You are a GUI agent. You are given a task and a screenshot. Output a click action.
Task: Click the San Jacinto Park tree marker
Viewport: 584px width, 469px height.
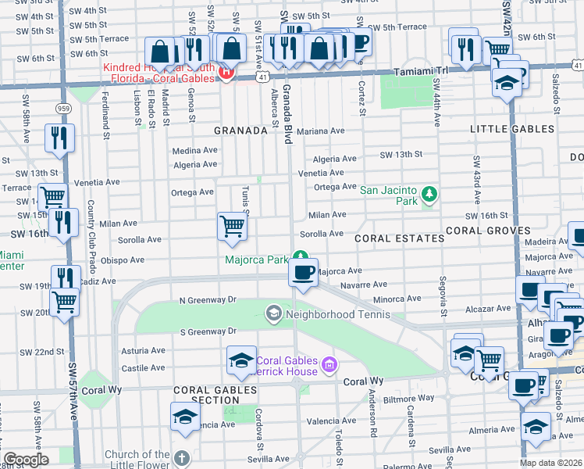tap(428, 193)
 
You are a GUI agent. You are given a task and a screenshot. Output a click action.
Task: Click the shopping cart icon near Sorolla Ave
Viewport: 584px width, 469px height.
tap(232, 226)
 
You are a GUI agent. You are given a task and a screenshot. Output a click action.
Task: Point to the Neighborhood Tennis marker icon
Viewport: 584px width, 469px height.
tap(273, 313)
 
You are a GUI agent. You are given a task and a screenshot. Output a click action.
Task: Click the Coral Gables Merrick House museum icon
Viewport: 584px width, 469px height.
tap(329, 363)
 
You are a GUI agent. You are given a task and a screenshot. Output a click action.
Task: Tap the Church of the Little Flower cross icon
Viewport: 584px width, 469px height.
tap(181, 458)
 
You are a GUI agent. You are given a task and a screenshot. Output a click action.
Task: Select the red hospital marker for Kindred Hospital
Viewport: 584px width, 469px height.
tap(226, 74)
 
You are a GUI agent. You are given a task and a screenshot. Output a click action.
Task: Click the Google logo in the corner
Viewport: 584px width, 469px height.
tap(26, 460)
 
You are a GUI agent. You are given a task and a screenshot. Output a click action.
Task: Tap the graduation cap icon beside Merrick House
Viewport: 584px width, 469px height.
tap(241, 360)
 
